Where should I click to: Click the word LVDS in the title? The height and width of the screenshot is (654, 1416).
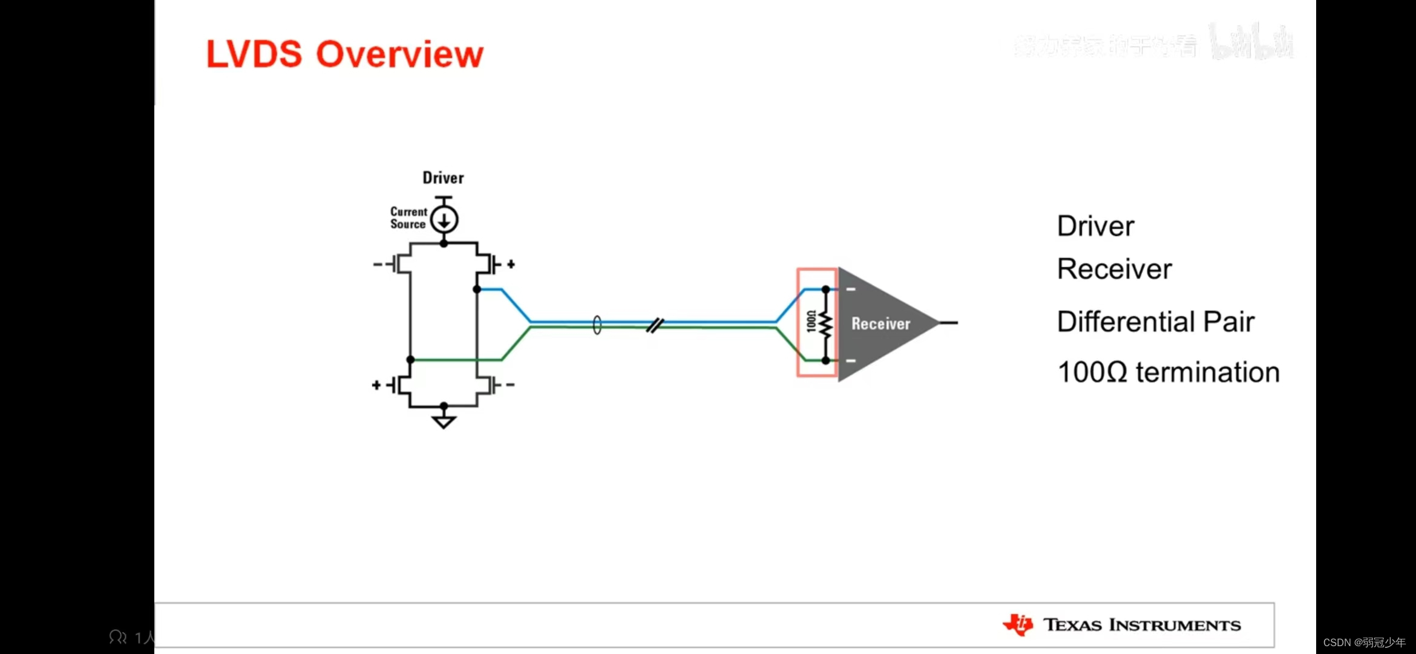pyautogui.click(x=254, y=54)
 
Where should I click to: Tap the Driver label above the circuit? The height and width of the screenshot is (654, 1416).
pyautogui.click(x=443, y=178)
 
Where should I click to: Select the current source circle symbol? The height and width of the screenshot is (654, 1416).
pyautogui.click(x=444, y=220)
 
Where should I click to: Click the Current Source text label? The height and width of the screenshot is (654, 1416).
pyautogui.click(x=408, y=218)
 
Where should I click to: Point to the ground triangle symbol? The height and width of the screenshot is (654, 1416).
pyautogui.click(x=444, y=421)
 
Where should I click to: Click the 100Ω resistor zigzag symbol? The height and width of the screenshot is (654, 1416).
pyautogui.click(x=825, y=325)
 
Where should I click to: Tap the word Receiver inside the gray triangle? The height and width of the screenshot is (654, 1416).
pyautogui.click(x=880, y=324)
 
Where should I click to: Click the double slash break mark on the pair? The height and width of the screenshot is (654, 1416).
pyautogui.click(x=655, y=326)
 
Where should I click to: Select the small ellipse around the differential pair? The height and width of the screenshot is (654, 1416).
pyautogui.click(x=597, y=325)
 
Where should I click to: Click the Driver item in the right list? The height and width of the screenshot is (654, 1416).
pyautogui.click(x=1095, y=226)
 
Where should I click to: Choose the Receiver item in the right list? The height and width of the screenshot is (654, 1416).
pyautogui.click(x=1114, y=269)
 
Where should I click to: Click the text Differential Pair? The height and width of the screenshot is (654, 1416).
pyautogui.click(x=1155, y=322)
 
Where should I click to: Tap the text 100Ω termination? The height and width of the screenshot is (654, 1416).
pyautogui.click(x=1168, y=372)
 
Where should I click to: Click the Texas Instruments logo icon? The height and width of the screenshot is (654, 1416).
pyautogui.click(x=1018, y=624)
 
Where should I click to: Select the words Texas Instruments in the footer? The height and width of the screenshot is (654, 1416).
pyautogui.click(x=1142, y=625)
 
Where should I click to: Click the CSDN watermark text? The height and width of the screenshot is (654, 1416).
pyautogui.click(x=1364, y=642)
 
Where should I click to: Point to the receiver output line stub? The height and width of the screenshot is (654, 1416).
pyautogui.click(x=948, y=323)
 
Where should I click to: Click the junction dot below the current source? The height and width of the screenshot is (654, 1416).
pyautogui.click(x=444, y=243)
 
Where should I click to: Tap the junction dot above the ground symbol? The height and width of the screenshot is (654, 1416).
pyautogui.click(x=444, y=405)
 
